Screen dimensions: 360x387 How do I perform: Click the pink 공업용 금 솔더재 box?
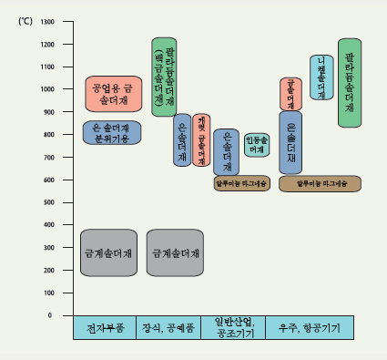113,94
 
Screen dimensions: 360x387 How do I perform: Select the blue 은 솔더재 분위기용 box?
112,133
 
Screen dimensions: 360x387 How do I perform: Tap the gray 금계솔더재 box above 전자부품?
108,252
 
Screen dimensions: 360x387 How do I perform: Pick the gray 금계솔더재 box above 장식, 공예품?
174,252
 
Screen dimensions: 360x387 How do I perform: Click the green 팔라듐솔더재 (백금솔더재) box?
163,77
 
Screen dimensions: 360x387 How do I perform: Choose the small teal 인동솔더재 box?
256,144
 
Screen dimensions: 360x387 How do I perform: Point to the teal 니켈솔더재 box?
321,77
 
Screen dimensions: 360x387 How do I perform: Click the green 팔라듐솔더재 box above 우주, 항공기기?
350,82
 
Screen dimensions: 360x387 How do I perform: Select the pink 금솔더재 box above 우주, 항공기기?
290,94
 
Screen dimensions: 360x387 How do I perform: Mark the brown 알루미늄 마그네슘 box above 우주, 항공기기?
321,183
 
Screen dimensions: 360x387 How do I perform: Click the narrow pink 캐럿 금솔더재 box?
201,139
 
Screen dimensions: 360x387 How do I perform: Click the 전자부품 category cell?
104,327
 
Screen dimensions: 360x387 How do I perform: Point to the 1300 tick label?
48,21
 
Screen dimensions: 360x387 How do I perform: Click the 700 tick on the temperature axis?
50,157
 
